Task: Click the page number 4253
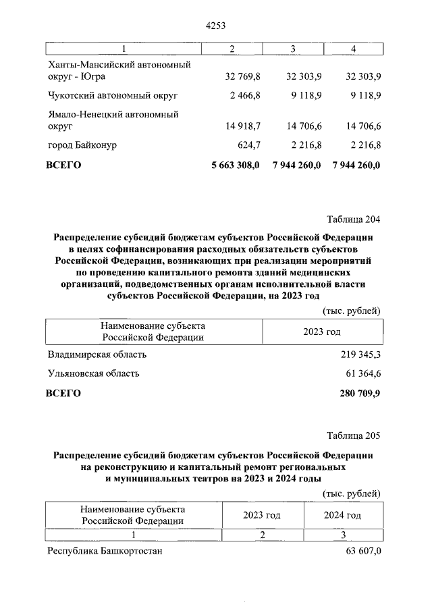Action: pyautogui.click(x=215, y=26)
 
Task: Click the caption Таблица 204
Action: pyautogui.click(x=354, y=219)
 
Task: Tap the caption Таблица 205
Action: pyautogui.click(x=354, y=434)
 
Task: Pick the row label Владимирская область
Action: pyautogui.click(x=97, y=354)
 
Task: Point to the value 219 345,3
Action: pyautogui.click(x=359, y=354)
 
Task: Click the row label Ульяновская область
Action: pyautogui.click(x=94, y=373)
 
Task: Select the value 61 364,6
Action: pyautogui.click(x=362, y=373)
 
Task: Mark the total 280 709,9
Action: pyautogui.click(x=358, y=394)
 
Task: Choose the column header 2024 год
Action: pyautogui.click(x=342, y=515)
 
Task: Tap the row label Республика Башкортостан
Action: pyautogui.click(x=105, y=551)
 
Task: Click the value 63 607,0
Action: pyautogui.click(x=363, y=551)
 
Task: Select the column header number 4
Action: pyautogui.click(x=353, y=49)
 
